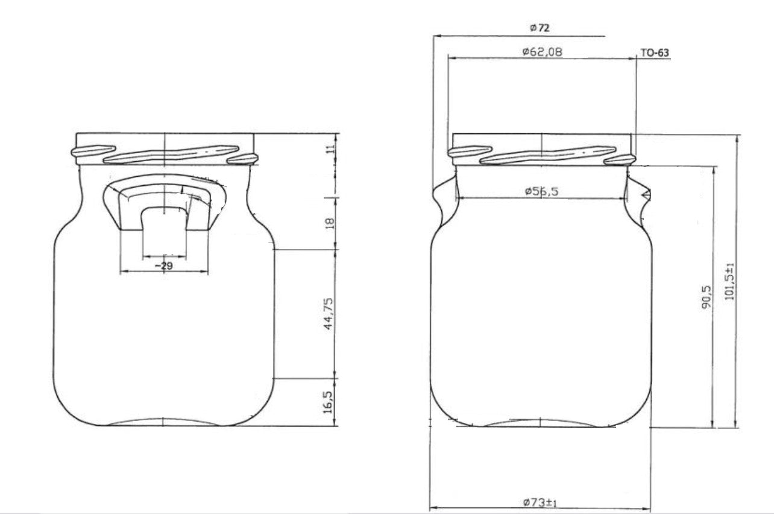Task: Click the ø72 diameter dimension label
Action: pos(539,27)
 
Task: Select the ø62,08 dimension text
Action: pos(542,52)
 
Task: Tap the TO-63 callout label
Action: pos(654,53)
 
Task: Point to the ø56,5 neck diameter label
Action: pos(541,191)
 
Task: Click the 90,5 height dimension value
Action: pos(707,296)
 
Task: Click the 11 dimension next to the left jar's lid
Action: pos(329,150)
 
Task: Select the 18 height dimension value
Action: pos(329,223)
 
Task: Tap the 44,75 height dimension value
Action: pos(329,314)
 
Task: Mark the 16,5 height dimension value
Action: pos(329,402)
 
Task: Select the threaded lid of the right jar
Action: pos(542,149)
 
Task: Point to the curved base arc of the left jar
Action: pos(164,420)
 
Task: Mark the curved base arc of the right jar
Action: pos(541,421)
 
